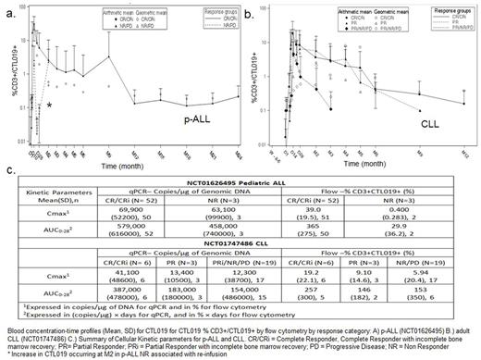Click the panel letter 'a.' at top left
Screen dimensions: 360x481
point(10,7)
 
